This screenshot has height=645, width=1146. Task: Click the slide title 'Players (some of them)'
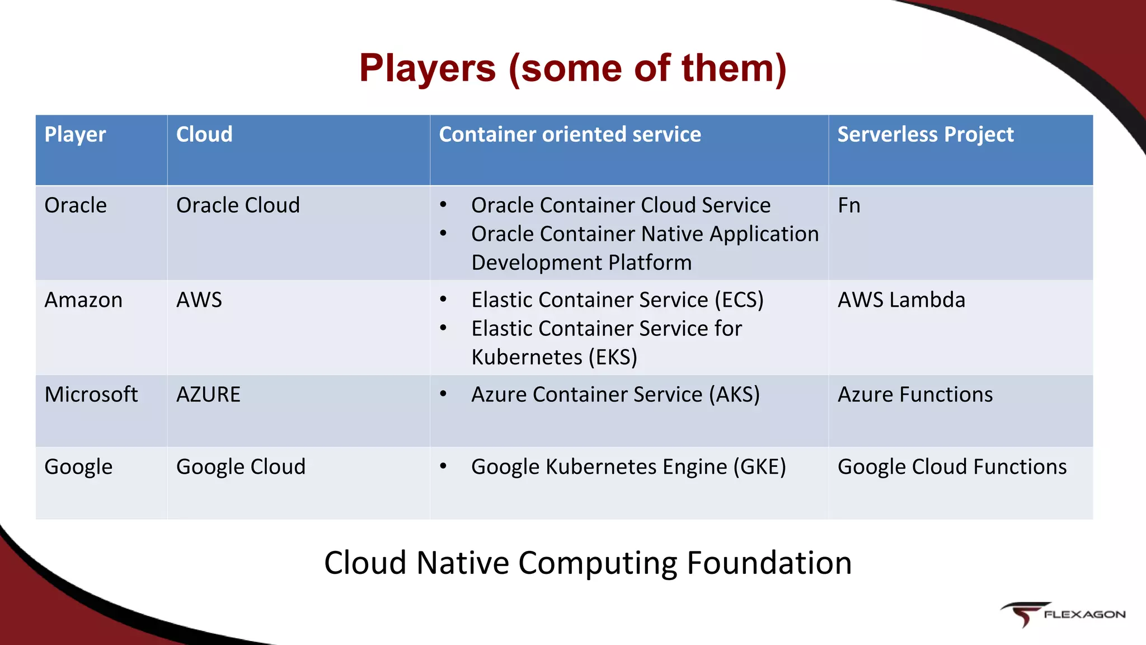click(572, 68)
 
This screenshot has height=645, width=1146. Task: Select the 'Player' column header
click(75, 135)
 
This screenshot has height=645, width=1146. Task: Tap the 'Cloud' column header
click(204, 135)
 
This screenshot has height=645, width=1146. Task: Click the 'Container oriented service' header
click(570, 135)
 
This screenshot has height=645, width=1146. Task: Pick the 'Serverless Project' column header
click(925, 135)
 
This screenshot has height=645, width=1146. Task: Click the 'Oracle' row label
click(76, 205)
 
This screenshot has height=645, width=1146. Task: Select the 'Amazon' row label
click(83, 300)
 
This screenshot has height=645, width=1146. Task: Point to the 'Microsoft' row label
click(91, 395)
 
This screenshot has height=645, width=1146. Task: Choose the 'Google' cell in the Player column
click(78, 467)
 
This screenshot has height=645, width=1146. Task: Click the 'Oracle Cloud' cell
click(238, 205)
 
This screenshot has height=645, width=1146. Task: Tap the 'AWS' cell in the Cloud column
click(199, 300)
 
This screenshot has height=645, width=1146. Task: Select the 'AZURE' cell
click(208, 395)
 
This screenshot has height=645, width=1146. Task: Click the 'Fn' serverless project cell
click(849, 205)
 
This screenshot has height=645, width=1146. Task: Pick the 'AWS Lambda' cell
click(901, 300)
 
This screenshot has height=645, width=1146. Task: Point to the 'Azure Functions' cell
click(915, 395)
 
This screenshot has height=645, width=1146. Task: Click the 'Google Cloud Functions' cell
click(952, 467)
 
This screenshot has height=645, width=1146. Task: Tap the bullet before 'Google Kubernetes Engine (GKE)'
click(443, 466)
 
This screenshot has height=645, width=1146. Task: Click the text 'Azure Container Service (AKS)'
click(616, 395)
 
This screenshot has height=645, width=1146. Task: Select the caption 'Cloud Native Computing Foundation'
click(588, 563)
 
